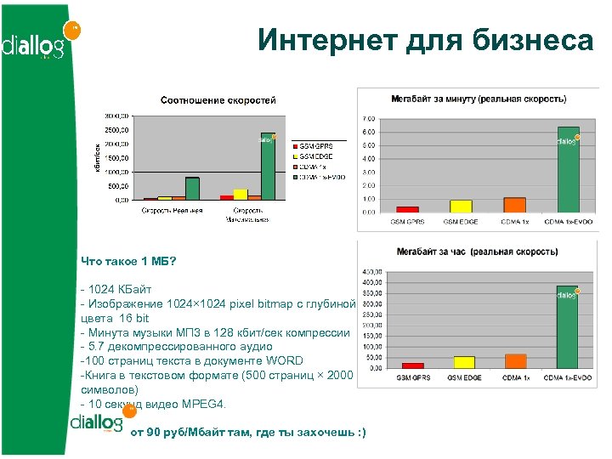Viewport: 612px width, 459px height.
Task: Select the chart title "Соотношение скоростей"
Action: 218,100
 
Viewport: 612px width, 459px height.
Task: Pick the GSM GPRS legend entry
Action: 315,146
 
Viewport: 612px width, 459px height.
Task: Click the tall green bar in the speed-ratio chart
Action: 268,166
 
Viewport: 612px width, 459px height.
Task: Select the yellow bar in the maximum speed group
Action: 241,194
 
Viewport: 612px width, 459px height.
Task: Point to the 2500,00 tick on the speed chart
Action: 116,130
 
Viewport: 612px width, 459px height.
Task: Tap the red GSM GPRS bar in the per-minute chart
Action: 407,208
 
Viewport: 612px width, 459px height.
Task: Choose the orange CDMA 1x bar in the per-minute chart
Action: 514,204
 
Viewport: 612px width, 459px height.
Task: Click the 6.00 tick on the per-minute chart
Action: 369,132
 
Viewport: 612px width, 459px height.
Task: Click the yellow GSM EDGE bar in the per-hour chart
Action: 464,362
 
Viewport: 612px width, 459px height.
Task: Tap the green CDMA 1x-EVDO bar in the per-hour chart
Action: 567,327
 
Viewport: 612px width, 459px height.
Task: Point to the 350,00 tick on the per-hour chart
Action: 372,293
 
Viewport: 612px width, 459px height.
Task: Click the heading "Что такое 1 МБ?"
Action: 128,261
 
